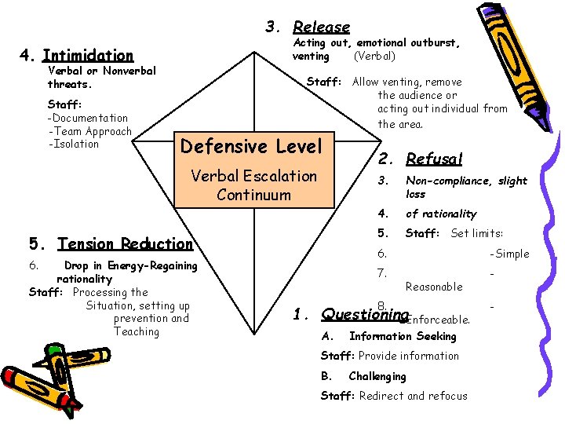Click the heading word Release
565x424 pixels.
[x=322, y=27]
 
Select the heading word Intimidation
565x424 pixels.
[x=88, y=56]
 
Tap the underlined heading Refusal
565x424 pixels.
[x=434, y=159]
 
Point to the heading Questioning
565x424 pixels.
[x=355, y=314]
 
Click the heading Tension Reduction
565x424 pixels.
[x=125, y=244]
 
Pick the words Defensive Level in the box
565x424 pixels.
[x=251, y=146]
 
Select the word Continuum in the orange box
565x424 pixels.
[x=253, y=195]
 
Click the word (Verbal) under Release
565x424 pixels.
[x=374, y=57]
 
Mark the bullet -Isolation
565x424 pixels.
[x=74, y=144]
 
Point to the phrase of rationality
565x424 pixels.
[x=441, y=214]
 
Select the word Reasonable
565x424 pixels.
[x=434, y=287]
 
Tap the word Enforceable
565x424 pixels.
[x=437, y=320]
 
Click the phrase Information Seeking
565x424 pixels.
[x=403, y=337]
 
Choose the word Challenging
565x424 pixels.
[x=377, y=376]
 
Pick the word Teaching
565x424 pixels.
[x=137, y=331]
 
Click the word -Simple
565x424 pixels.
[x=509, y=254]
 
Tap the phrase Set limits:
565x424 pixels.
[x=476, y=233]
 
